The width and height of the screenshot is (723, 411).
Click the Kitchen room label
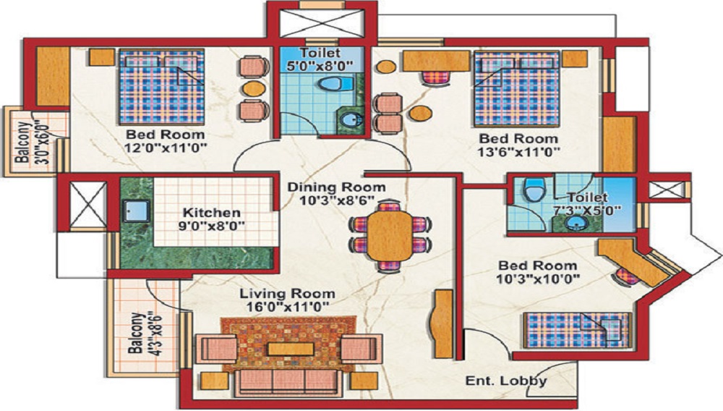coord(212,213)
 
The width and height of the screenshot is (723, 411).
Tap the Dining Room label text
coord(337,187)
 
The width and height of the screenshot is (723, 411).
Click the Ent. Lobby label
coord(506,381)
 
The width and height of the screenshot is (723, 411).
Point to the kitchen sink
coord(136,211)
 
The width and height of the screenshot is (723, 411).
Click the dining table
coord(390,235)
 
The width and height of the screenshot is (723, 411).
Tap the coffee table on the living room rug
coord(291,349)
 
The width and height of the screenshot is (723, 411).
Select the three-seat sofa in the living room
coord(288,382)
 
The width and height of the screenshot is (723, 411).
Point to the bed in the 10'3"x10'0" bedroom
coord(577,331)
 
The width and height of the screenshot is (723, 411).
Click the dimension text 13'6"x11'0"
coord(519,151)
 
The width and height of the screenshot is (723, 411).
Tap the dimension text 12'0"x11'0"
coord(165,148)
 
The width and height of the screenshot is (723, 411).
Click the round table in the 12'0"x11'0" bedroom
coord(252,88)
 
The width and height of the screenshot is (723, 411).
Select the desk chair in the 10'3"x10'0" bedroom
coord(626,276)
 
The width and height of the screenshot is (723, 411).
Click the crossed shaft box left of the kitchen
coord(87,205)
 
